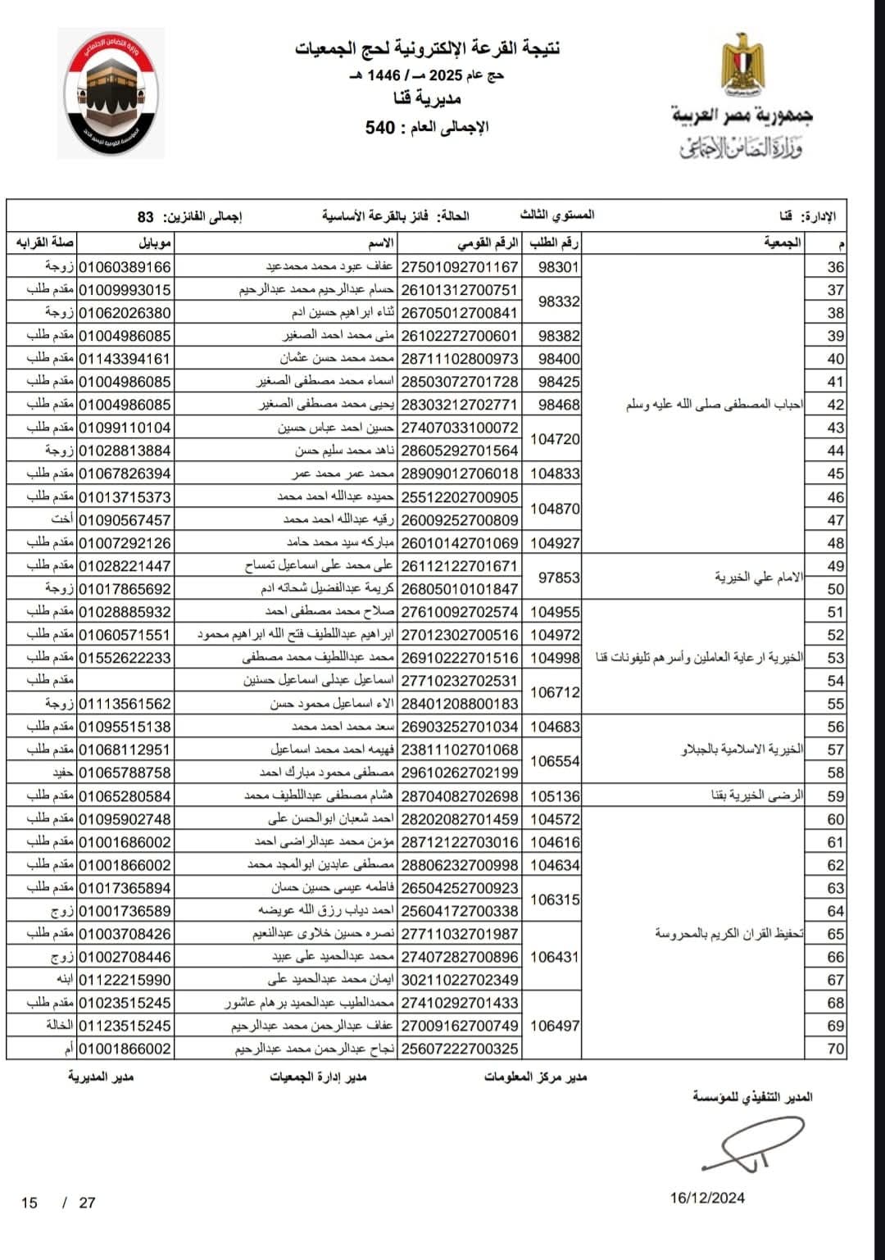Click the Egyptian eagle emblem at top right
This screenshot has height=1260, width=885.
tap(742, 64)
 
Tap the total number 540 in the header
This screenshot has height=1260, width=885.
tap(380, 128)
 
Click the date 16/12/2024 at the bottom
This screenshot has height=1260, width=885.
tap(707, 1198)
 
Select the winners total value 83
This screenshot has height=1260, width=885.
tap(146, 217)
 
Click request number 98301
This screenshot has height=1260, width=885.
tap(559, 267)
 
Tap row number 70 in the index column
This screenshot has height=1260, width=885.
tap(835, 1049)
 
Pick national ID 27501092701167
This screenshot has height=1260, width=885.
tap(459, 267)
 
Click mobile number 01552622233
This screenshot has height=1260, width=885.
tap(125, 658)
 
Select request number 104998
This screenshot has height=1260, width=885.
tap(555, 658)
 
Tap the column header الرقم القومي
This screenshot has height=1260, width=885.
tap(488, 243)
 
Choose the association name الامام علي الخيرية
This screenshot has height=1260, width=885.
tap(759, 578)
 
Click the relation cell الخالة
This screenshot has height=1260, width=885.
tap(59, 1026)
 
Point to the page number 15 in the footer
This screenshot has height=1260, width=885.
tap(29, 1203)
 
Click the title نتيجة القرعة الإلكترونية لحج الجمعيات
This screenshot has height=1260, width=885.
tap(428, 48)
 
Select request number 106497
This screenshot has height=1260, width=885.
tap(555, 1026)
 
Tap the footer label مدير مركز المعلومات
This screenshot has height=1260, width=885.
tap(535, 1076)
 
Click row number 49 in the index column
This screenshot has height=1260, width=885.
tap(835, 566)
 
